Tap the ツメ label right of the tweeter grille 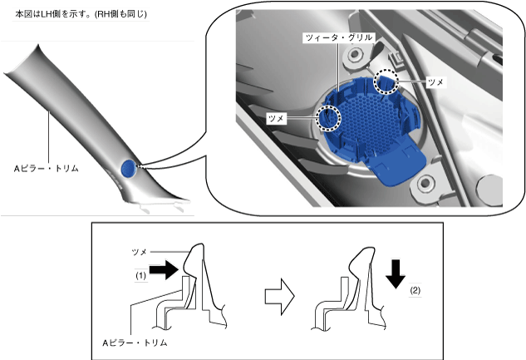(435, 82)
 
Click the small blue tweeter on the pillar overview (127, 168)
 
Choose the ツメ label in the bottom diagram (140, 249)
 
